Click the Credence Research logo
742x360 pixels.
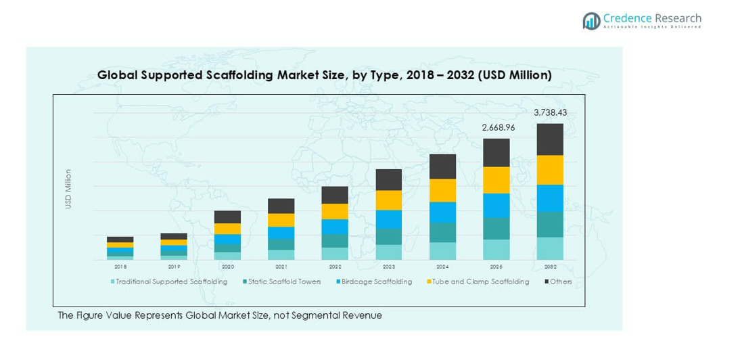(641, 20)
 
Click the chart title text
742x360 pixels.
(324, 75)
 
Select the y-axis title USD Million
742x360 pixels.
(68, 189)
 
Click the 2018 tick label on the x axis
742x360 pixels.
(120, 267)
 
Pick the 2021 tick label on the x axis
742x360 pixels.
(281, 267)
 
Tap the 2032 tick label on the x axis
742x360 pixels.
(550, 267)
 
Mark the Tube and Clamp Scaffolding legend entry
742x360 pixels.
(477, 282)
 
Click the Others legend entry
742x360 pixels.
(558, 282)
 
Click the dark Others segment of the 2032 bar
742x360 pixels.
(550, 139)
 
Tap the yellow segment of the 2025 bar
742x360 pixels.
(496, 180)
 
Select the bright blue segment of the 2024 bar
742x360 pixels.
(442, 212)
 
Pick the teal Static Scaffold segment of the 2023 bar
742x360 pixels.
(389, 237)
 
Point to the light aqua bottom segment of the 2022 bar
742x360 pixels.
(335, 254)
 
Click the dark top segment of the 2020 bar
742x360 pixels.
(228, 217)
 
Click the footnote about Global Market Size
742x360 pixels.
(220, 315)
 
